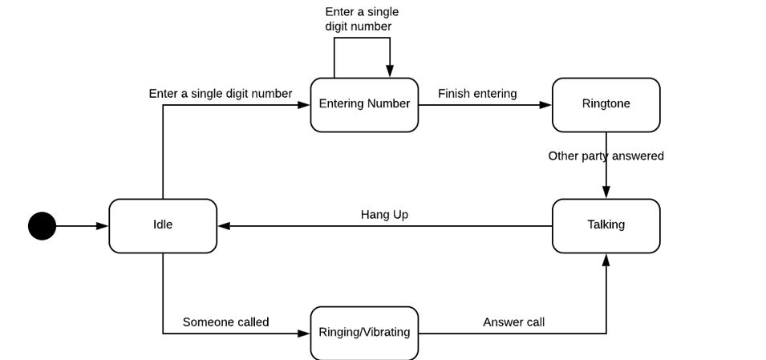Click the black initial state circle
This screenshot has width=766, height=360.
pyautogui.click(x=43, y=226)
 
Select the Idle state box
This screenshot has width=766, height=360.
pyautogui.click(x=163, y=225)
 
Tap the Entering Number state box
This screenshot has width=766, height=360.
pyautogui.click(x=364, y=104)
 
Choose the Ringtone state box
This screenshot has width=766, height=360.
pyautogui.click(x=606, y=104)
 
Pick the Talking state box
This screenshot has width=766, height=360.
pyautogui.click(x=606, y=225)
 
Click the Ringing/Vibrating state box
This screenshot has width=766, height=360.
pyautogui.click(x=364, y=332)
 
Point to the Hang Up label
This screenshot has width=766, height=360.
pyautogui.click(x=384, y=214)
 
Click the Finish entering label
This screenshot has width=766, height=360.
pyautogui.click(x=477, y=94)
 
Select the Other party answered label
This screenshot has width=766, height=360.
pyautogui.click(x=606, y=156)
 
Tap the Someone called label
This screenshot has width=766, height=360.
pyautogui.click(x=225, y=322)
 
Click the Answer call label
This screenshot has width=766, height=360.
pyautogui.click(x=513, y=322)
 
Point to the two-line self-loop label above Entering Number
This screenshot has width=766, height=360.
pyautogui.click(x=361, y=19)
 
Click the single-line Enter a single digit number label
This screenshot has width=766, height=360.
pyautogui.click(x=221, y=94)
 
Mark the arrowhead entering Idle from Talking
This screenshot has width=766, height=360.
pyautogui.click(x=224, y=226)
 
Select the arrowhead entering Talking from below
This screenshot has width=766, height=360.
pyautogui.click(x=606, y=259)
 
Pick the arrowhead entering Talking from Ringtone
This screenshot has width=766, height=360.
pyautogui.click(x=606, y=193)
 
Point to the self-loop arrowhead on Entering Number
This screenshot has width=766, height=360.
pyautogui.click(x=390, y=72)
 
